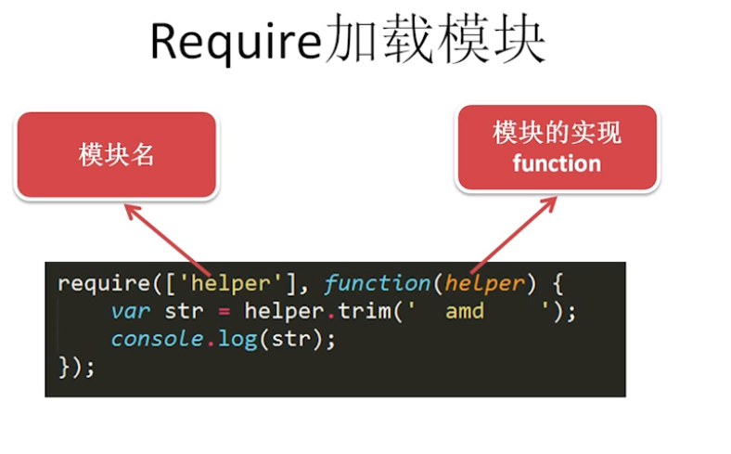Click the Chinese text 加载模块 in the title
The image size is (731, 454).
(x=434, y=42)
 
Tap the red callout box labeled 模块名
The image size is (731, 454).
(x=116, y=155)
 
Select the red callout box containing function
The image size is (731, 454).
(x=557, y=149)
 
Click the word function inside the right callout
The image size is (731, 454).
(x=557, y=164)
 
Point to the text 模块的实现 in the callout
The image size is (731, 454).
(x=557, y=133)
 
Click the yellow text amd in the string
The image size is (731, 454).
(x=464, y=310)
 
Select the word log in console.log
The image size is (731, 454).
(x=237, y=338)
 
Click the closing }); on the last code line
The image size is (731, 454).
(x=76, y=366)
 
